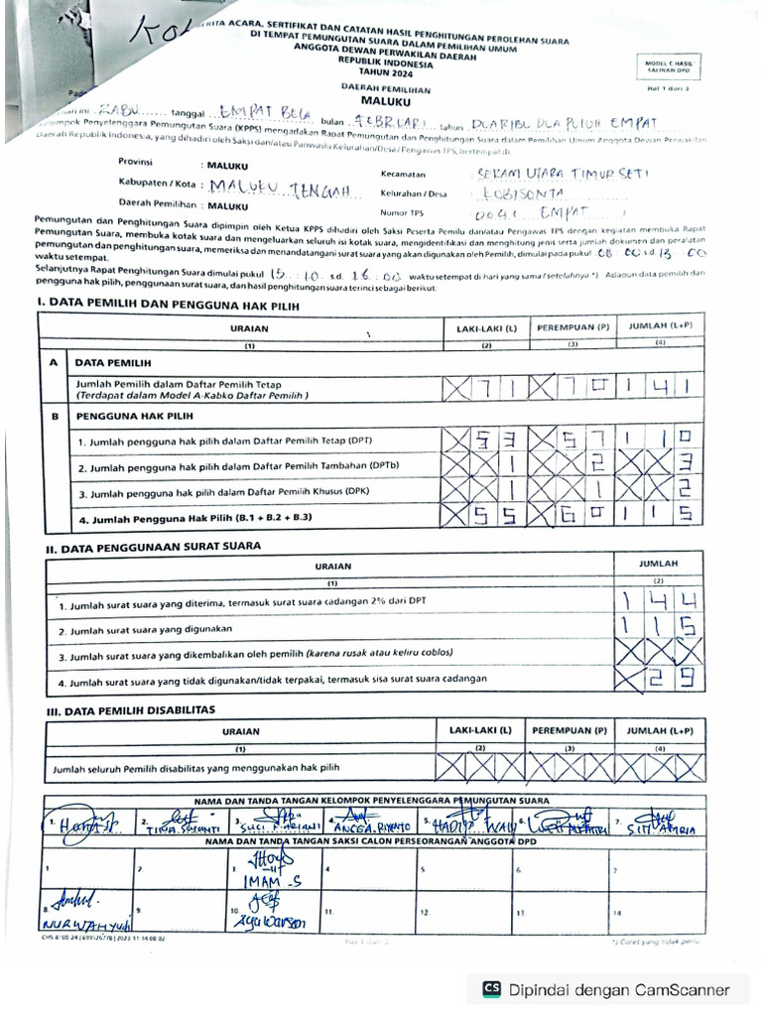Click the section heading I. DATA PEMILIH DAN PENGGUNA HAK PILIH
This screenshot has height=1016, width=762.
[x=167, y=306]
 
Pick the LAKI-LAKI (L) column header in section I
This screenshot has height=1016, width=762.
[x=486, y=326]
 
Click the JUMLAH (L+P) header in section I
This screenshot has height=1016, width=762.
[x=660, y=326]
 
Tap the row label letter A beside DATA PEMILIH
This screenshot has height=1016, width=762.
[x=53, y=363]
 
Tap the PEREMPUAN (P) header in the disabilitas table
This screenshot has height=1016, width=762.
[x=569, y=730]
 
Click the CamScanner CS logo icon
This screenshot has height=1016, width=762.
[x=491, y=989]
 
